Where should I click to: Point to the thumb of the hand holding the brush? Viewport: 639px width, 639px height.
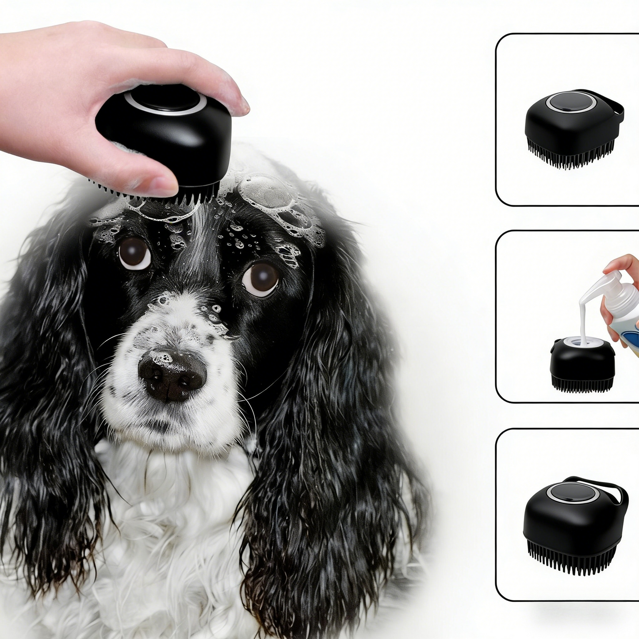146,179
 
